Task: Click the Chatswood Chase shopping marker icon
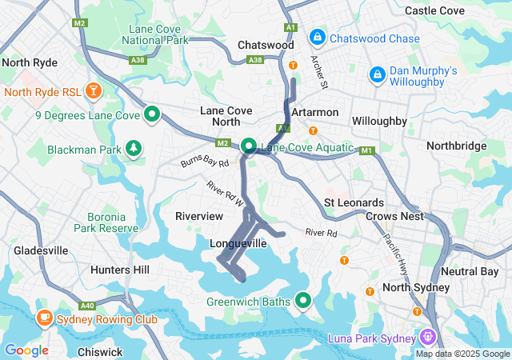318,37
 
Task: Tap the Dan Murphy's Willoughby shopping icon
376,74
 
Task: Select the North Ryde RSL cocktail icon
94,89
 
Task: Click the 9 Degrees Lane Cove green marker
152,114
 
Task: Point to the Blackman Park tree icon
133,148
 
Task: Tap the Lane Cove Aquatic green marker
249,146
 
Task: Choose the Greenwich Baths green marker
303,300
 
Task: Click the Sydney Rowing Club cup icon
43,318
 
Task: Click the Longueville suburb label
238,243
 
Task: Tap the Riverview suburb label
199,216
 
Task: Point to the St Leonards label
354,202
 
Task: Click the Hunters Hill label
120,270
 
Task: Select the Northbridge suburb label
456,146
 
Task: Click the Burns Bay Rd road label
205,162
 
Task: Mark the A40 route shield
87,305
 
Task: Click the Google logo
26,350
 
